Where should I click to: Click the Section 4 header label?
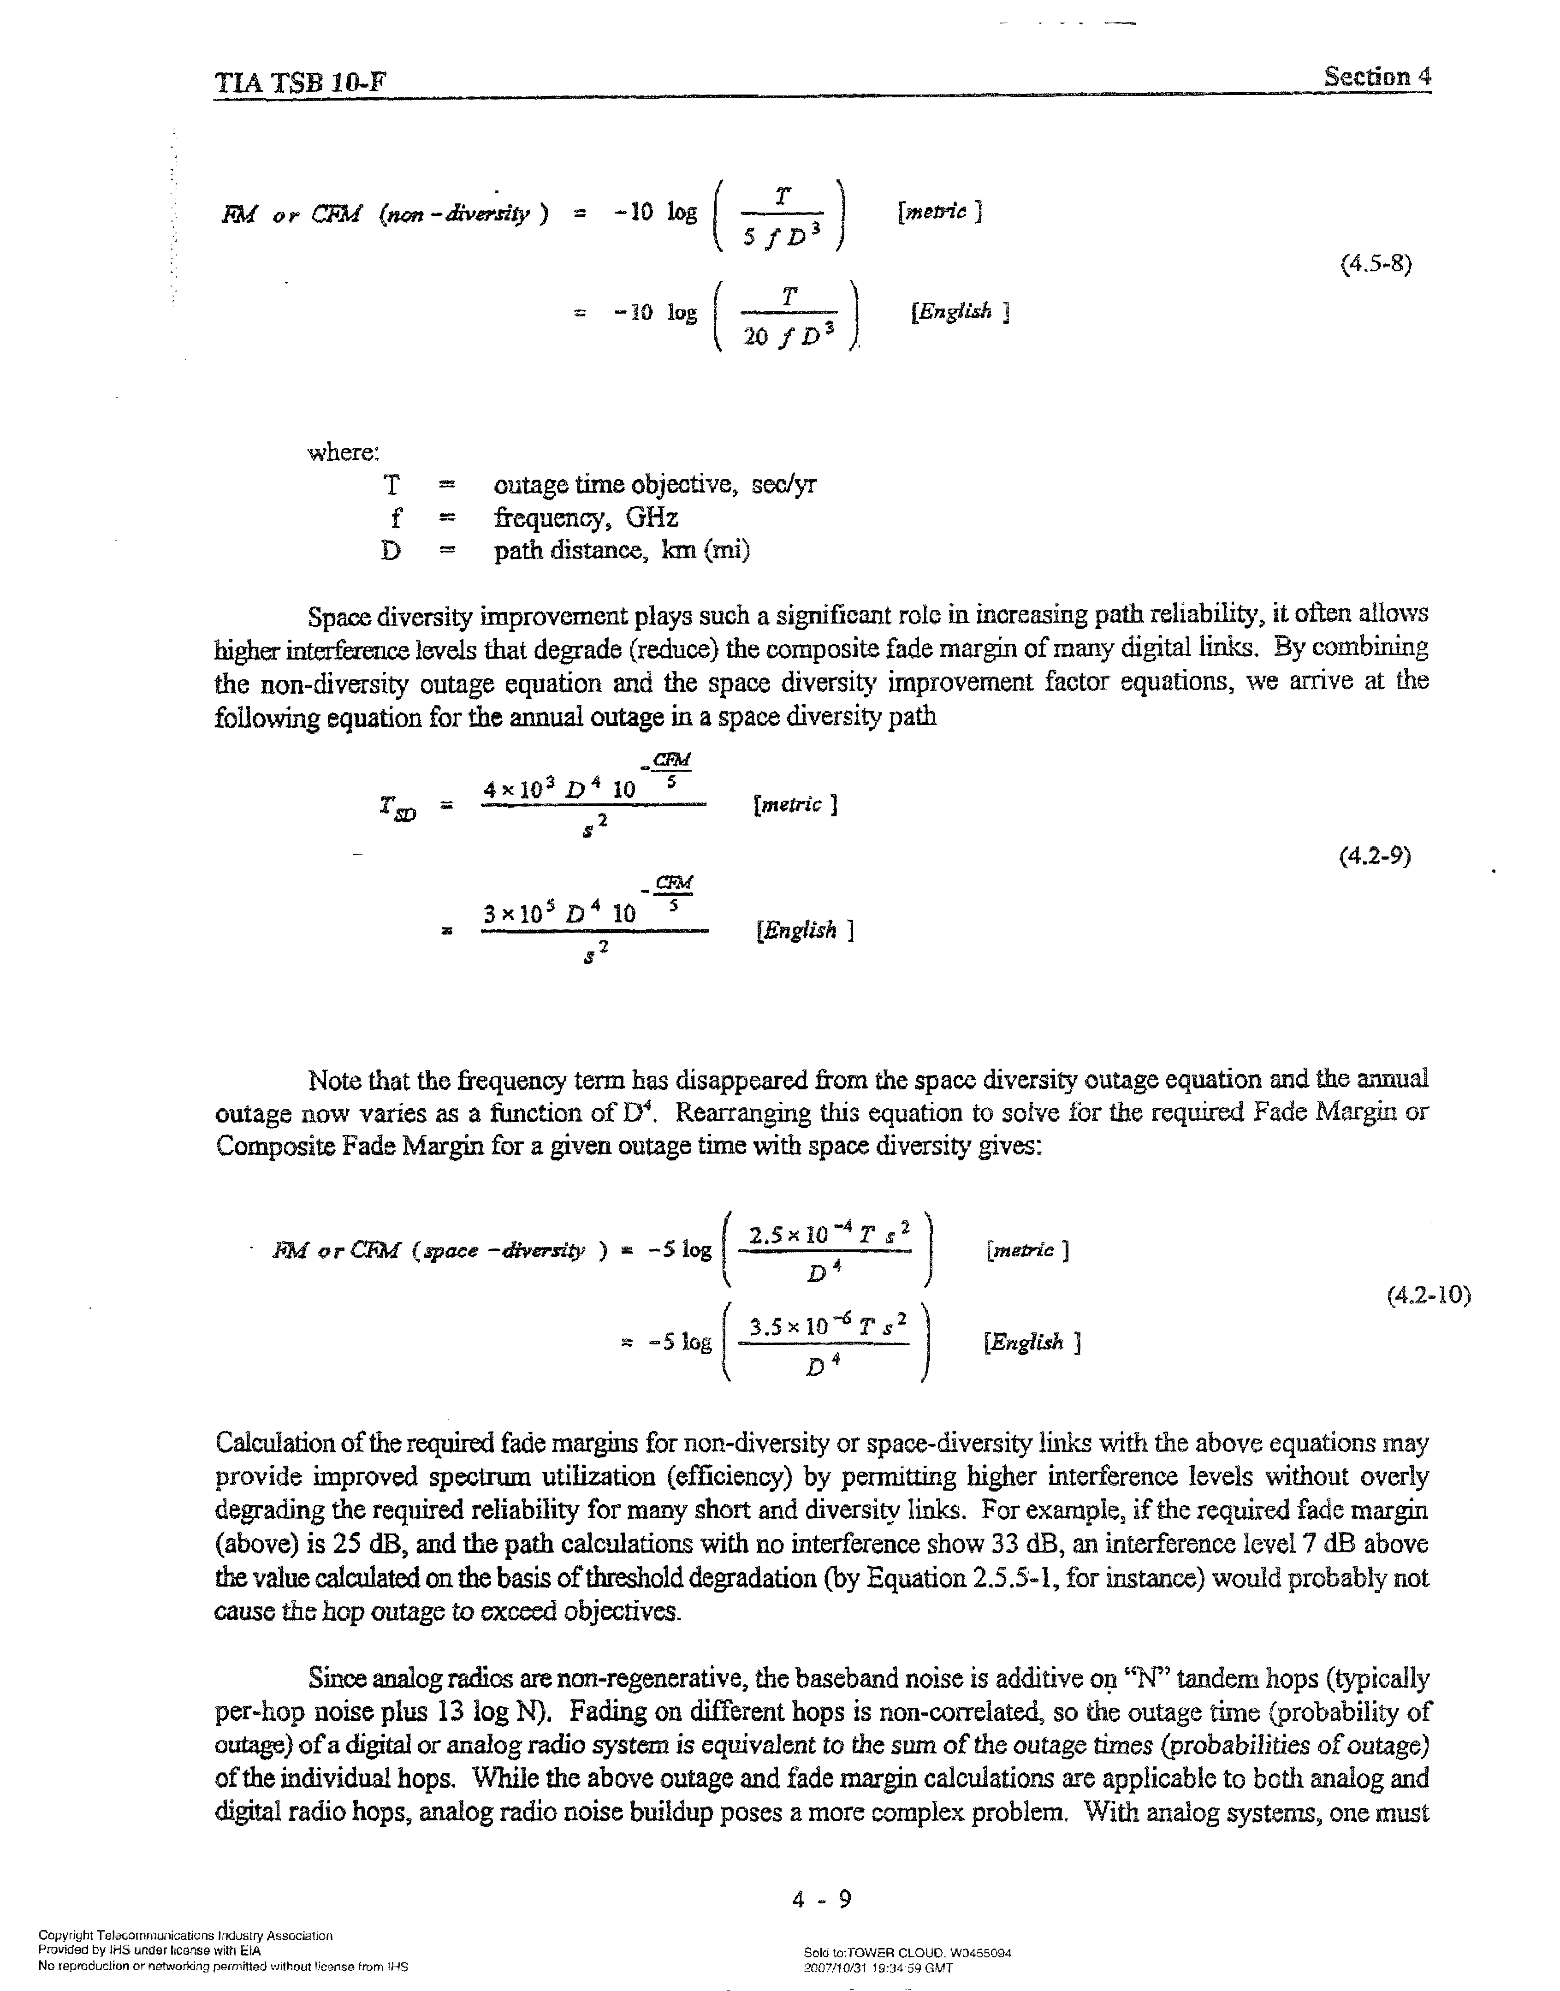point(1377,77)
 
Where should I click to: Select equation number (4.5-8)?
point(1376,265)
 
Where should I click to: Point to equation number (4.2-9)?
point(1375,856)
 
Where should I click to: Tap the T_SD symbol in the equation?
point(397,808)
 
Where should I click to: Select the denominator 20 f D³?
point(789,337)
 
